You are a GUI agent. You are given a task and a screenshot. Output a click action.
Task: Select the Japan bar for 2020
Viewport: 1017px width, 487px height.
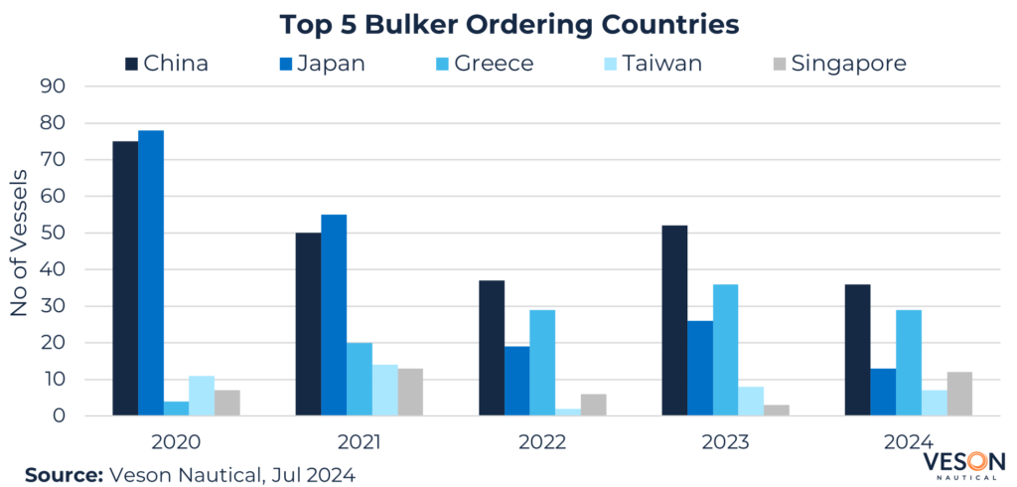point(151,273)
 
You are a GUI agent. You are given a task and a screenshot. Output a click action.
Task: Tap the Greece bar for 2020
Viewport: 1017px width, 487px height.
point(177,408)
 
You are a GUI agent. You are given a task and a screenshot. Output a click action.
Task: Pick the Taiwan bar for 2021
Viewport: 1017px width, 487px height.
point(385,391)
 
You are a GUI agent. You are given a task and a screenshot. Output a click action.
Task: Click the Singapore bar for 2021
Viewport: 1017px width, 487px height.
point(410,393)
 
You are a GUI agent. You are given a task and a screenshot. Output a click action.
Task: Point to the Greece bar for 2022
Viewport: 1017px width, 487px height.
point(542,363)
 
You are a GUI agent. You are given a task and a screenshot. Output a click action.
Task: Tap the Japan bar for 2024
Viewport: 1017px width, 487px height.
point(883,393)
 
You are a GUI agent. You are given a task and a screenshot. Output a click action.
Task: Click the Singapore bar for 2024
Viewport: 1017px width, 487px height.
point(959,395)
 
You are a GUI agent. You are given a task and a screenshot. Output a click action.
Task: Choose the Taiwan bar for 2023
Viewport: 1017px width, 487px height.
point(751,402)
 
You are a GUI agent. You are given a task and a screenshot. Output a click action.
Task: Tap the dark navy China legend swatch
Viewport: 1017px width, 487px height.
point(130,64)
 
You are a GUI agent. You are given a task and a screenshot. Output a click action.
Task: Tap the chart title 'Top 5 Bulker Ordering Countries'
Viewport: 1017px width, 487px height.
point(508,24)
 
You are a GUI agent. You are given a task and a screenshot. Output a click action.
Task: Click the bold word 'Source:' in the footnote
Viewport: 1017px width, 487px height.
point(63,474)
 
